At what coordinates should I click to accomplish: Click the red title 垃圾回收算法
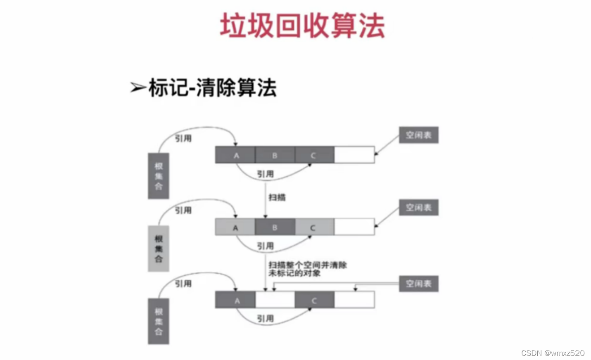click(302, 26)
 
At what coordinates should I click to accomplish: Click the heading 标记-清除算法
click(212, 88)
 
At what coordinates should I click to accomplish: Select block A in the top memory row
click(235, 155)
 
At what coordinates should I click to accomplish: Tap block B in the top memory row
click(275, 155)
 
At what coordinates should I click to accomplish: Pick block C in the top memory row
click(314, 155)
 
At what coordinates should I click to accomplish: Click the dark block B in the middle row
click(275, 227)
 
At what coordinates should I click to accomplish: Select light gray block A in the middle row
click(235, 227)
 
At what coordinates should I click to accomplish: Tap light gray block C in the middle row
click(314, 227)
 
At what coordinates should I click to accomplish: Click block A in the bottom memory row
click(235, 300)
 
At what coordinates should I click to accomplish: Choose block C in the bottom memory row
click(314, 300)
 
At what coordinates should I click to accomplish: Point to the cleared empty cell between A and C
click(275, 300)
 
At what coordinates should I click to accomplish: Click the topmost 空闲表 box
click(418, 135)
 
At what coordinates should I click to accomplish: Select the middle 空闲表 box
click(418, 208)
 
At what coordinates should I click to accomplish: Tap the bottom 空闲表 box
click(418, 284)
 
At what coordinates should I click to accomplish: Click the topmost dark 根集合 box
click(159, 176)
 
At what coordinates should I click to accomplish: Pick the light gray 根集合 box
click(159, 249)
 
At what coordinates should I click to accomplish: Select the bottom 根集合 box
click(159, 321)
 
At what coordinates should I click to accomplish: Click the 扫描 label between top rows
click(277, 197)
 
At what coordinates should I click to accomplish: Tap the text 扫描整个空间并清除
click(308, 265)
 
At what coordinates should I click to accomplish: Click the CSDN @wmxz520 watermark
click(553, 353)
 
